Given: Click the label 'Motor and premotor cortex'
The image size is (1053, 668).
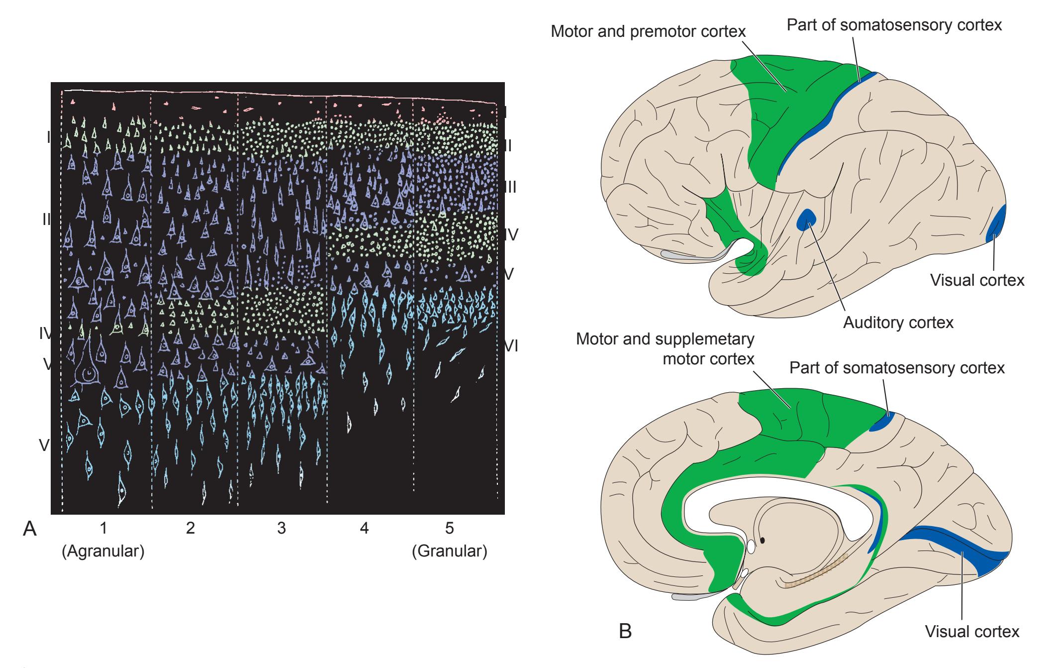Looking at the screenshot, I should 648,31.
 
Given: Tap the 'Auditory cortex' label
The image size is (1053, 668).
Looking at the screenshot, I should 898,323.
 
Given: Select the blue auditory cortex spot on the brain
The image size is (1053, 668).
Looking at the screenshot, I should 806,220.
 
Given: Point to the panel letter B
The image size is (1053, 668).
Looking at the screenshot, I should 625,631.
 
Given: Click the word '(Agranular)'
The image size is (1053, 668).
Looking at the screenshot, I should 103,552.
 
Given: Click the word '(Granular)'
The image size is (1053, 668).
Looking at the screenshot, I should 450,552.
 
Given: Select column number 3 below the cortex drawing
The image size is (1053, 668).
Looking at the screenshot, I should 282,529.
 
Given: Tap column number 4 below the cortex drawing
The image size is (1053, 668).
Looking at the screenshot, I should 365,529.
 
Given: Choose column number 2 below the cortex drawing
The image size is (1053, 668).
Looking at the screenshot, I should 190,529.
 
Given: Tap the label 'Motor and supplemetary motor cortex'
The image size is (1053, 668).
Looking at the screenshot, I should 665,349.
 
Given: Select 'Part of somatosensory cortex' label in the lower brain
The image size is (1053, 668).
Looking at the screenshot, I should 897,368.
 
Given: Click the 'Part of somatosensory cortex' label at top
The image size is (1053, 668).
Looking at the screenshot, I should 894,25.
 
